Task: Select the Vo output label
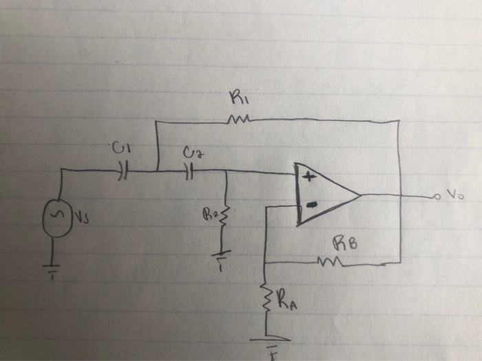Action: coord(453,195)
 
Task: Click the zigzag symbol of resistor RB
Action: coord(328,261)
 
